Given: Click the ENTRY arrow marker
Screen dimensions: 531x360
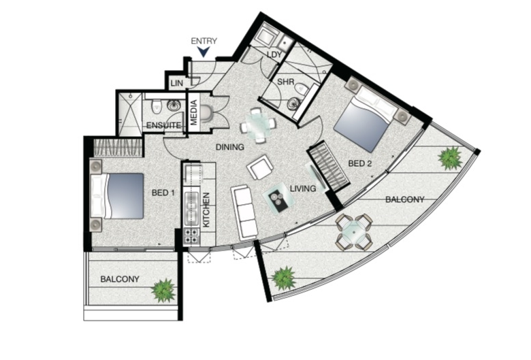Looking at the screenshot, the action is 204,52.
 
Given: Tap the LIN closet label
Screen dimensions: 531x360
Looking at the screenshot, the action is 177,83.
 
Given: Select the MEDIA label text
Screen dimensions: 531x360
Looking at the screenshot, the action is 194,112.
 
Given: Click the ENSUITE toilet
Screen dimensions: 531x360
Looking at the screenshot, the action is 157,106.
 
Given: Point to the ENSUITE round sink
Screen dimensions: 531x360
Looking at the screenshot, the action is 174,105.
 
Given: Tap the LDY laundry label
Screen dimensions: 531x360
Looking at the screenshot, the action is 274,54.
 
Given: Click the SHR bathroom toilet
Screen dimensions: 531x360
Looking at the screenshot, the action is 302,89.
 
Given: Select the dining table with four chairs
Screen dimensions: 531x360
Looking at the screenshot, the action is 258,125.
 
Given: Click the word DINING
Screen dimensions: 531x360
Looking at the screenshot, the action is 230,147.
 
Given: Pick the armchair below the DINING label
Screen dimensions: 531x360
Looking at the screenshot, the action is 260,167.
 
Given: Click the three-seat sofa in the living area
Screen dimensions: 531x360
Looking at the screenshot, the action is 244,212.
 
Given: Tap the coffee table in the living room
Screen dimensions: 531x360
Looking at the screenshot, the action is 279,197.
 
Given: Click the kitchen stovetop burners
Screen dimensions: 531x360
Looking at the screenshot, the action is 191,235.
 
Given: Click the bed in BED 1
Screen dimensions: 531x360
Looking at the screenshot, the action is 118,196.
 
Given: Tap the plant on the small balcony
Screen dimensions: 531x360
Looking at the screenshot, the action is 163,290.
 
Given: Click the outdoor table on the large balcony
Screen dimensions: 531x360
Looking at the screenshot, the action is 354,232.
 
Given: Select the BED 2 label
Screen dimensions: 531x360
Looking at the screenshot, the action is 360,163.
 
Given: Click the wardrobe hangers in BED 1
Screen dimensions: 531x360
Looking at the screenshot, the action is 117,148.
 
